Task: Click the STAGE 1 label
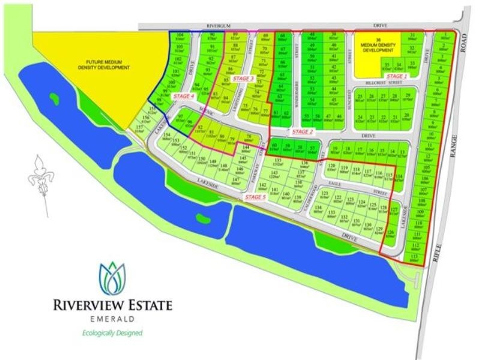click(x=397, y=76)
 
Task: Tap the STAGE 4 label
click(x=184, y=96)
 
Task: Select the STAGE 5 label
click(x=255, y=197)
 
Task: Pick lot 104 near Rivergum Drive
click(x=179, y=37)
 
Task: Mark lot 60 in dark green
click(x=275, y=146)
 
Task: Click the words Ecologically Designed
click(x=112, y=332)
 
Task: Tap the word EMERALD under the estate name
click(x=112, y=319)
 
